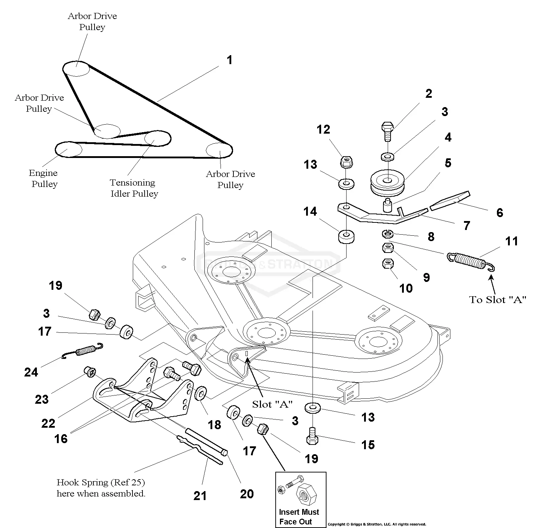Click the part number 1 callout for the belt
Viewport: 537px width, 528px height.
229,60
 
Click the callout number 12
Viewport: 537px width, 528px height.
323,129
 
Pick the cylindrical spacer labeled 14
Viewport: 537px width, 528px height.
345,237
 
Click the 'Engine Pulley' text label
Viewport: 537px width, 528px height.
43,178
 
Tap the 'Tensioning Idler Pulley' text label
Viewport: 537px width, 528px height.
134,188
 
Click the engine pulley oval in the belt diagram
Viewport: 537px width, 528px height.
68,149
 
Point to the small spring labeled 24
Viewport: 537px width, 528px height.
83,350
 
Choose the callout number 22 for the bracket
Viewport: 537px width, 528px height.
48,423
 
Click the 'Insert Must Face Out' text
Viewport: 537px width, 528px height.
299,517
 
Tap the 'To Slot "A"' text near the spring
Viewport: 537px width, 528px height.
498,299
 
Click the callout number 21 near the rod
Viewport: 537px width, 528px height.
200,496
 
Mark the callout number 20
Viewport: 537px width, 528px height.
247,494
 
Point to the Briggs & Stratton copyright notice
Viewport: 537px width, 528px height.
377,524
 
